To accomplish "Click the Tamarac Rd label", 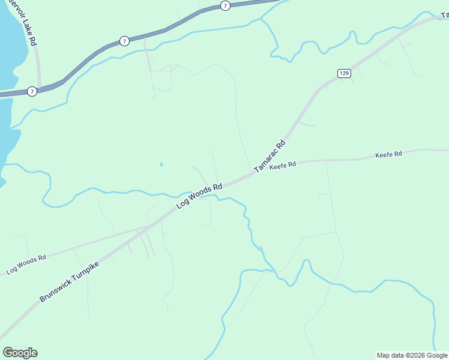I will (x=271, y=157).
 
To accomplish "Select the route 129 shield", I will (x=343, y=73).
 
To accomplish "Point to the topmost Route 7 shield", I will (x=224, y=5).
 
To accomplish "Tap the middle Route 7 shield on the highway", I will (x=124, y=41).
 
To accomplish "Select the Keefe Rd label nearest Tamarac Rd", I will (x=283, y=166).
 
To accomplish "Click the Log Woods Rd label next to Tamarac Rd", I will (x=199, y=196).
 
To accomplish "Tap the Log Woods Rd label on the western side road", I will (x=26, y=265).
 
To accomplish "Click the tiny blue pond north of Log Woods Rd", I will (x=161, y=164).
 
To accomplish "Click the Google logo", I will (x=20, y=352).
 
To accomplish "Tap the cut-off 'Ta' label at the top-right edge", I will (x=444, y=14).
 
